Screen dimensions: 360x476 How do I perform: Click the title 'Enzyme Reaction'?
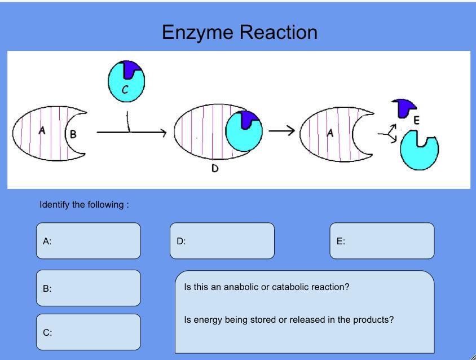click(x=239, y=32)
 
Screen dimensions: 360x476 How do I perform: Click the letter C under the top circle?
click(x=125, y=89)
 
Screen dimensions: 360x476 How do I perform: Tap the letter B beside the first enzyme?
click(x=73, y=134)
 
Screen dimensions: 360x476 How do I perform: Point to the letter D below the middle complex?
click(x=215, y=168)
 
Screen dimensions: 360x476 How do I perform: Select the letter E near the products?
click(x=416, y=120)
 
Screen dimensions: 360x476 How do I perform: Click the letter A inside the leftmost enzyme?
click(x=42, y=131)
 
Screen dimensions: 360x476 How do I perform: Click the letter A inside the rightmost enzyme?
click(x=330, y=133)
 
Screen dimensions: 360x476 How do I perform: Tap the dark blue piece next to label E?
click(x=404, y=107)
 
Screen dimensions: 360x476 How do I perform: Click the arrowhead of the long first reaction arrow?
click(x=164, y=133)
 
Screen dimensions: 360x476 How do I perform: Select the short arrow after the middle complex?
click(x=281, y=131)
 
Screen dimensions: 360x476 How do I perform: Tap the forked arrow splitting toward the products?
click(x=389, y=134)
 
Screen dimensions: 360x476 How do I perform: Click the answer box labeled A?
click(x=89, y=241)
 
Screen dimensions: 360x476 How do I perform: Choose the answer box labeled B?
click(x=89, y=288)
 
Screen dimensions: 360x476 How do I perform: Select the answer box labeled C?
click(x=89, y=332)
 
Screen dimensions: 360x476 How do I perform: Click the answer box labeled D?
click(x=222, y=241)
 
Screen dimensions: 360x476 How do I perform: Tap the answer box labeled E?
click(x=382, y=241)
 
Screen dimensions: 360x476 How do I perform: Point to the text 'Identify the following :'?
click(x=84, y=204)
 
